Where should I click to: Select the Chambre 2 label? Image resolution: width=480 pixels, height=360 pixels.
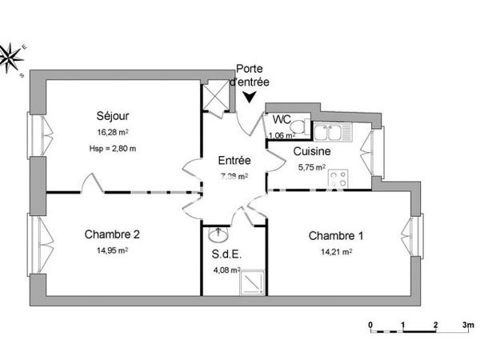click(x=113, y=234)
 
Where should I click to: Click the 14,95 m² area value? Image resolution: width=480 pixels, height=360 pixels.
click(x=113, y=250)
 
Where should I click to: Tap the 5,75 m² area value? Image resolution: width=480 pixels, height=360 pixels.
click(x=311, y=168)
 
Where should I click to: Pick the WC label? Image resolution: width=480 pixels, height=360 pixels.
click(x=282, y=120)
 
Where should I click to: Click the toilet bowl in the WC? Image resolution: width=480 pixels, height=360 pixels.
click(x=298, y=126)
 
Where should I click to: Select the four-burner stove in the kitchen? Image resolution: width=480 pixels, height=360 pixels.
click(x=339, y=175)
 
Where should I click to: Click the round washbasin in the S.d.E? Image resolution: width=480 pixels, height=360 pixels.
click(x=216, y=236)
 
